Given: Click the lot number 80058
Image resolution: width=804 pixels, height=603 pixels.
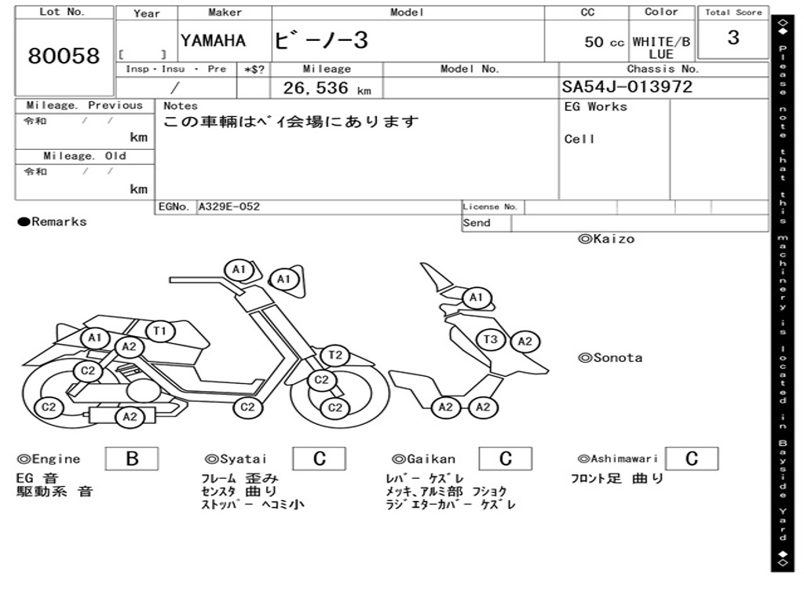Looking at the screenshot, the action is (x=64, y=56).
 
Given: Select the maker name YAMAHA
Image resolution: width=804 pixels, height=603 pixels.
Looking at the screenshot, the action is (x=213, y=41).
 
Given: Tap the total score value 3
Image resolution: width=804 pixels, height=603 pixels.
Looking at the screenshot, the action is (x=733, y=38).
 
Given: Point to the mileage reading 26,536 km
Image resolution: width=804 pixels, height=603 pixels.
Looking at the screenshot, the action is (x=327, y=88).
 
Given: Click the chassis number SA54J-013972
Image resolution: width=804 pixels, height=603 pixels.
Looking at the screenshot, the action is (x=627, y=86).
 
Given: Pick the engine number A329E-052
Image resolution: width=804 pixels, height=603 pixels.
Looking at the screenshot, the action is (x=229, y=206).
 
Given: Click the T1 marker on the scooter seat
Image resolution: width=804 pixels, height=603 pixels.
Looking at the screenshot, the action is (x=160, y=331).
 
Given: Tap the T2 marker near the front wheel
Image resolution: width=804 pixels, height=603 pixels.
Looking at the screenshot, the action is (x=334, y=355).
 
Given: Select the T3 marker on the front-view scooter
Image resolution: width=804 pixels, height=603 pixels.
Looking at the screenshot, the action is (x=491, y=339).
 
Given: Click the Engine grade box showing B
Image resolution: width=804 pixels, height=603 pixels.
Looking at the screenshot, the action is (x=132, y=459).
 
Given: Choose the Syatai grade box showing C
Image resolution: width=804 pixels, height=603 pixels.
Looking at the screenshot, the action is (x=319, y=459).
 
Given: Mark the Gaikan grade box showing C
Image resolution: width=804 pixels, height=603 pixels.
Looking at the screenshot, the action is (x=505, y=459).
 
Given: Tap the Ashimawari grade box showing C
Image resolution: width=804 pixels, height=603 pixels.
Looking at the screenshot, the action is (x=692, y=459).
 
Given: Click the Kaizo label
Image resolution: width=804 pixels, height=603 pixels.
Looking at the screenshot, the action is (x=606, y=239).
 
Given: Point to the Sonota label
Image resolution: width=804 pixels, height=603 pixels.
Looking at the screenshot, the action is (x=610, y=358).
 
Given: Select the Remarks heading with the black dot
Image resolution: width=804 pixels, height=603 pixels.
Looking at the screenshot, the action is (x=53, y=222).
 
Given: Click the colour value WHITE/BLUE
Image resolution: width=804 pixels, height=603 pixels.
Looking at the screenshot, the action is (x=661, y=48).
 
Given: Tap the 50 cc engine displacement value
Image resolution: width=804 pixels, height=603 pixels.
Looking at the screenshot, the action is (x=604, y=42).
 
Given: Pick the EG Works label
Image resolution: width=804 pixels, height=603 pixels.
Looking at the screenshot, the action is (x=595, y=107).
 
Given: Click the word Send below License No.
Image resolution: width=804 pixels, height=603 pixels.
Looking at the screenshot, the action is (x=477, y=223).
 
